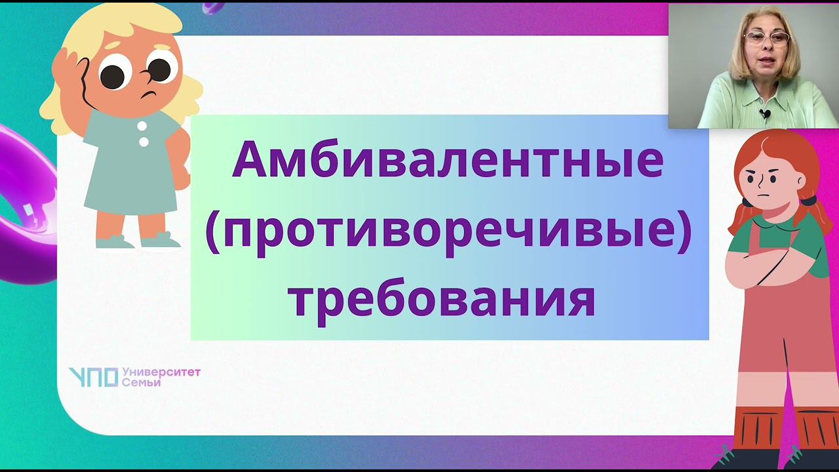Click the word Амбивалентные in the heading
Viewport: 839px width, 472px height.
tap(448, 161)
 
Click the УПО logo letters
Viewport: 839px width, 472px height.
tap(93, 377)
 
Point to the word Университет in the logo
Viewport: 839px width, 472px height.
tap(161, 372)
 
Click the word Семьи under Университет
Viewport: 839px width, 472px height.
tap(141, 382)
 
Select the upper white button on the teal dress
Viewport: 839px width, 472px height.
tap(142, 126)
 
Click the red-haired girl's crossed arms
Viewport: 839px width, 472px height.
tap(773, 265)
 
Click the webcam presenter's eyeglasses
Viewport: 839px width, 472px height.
tap(767, 37)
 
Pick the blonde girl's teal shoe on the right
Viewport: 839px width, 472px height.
tap(161, 241)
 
